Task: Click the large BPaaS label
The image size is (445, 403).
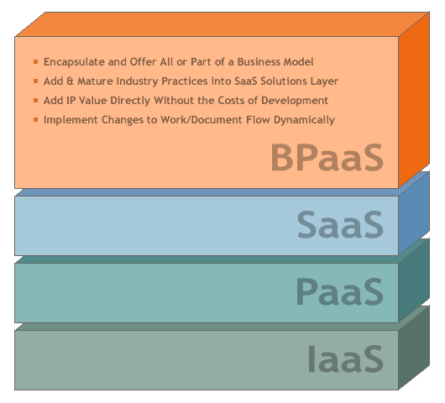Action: tap(327, 157)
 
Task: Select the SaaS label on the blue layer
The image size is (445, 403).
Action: tap(340, 224)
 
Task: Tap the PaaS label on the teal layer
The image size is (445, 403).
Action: tap(340, 291)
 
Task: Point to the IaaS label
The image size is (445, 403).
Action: tap(346, 359)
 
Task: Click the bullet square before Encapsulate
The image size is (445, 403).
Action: tap(36, 61)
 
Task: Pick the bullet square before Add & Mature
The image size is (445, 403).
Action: tap(36, 81)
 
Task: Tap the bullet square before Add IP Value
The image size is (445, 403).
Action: tap(36, 100)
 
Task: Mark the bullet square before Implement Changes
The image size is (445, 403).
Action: tap(36, 119)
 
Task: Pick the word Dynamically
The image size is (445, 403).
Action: tap(304, 120)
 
